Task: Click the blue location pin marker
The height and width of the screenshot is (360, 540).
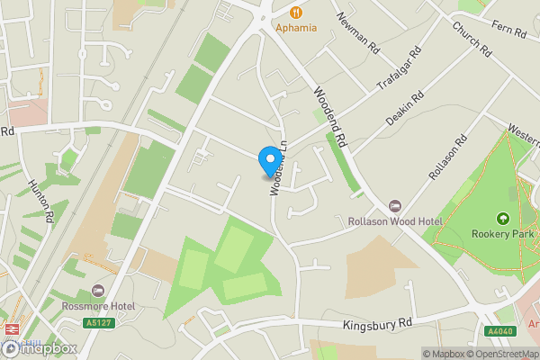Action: pyautogui.click(x=268, y=161)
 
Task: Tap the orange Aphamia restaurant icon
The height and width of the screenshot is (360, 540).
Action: pyautogui.click(x=293, y=11)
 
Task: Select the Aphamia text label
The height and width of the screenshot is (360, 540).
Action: pyautogui.click(x=296, y=27)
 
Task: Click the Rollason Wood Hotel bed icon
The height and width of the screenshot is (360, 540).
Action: pyautogui.click(x=393, y=206)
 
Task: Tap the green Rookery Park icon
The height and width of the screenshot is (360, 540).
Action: pyautogui.click(x=502, y=219)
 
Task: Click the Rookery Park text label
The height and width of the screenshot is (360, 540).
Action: pyautogui.click(x=502, y=234)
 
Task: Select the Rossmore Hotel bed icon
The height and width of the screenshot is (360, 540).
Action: pyautogui.click(x=98, y=291)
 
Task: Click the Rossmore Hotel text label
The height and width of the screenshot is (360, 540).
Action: pyautogui.click(x=98, y=305)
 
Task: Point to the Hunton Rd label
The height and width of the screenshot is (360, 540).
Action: pyautogui.click(x=38, y=199)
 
